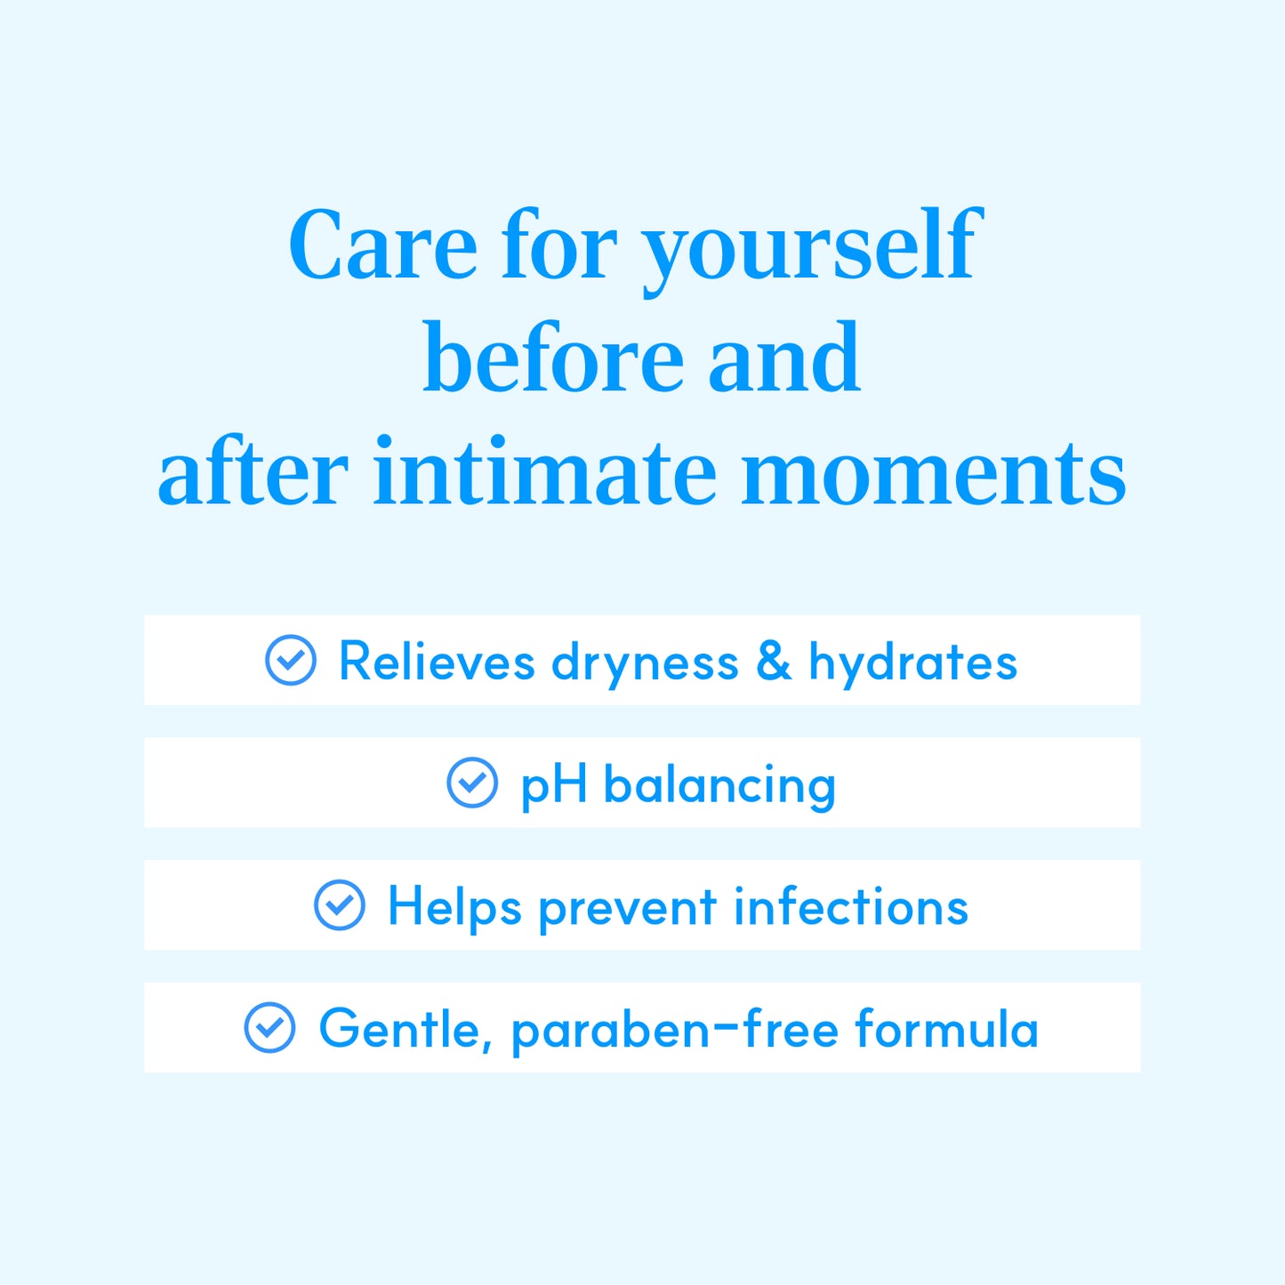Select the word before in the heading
[553, 357]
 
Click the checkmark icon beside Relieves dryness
[291, 660]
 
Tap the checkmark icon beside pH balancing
[472, 783]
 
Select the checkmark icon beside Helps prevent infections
[340, 905]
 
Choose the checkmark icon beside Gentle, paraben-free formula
[269, 1028]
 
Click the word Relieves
[438, 661]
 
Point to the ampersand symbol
[774, 661]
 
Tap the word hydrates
[913, 664]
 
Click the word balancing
[719, 786]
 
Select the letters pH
[554, 787]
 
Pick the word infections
[851, 905]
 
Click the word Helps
[454, 909]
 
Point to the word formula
[947, 1028]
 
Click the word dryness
[645, 664]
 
